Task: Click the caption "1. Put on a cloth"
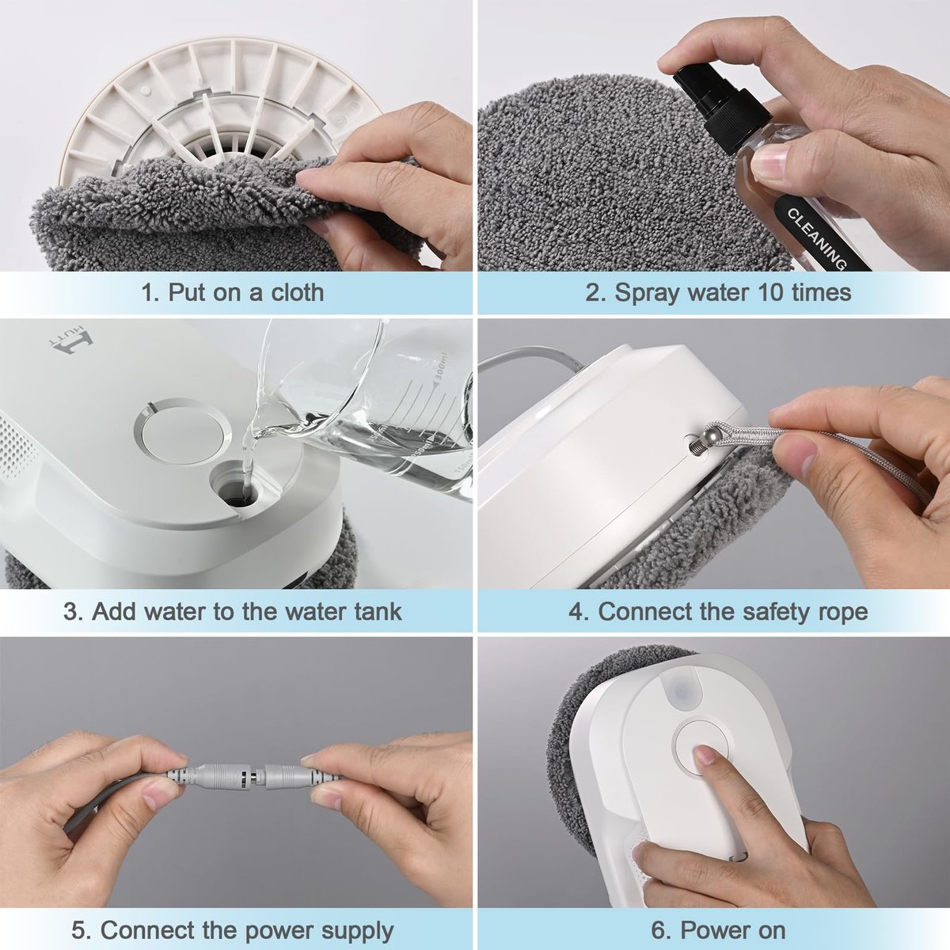[x=232, y=292]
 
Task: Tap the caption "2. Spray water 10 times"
[x=718, y=292]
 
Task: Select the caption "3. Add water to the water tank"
[x=232, y=611]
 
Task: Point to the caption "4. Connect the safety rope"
[x=718, y=611]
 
